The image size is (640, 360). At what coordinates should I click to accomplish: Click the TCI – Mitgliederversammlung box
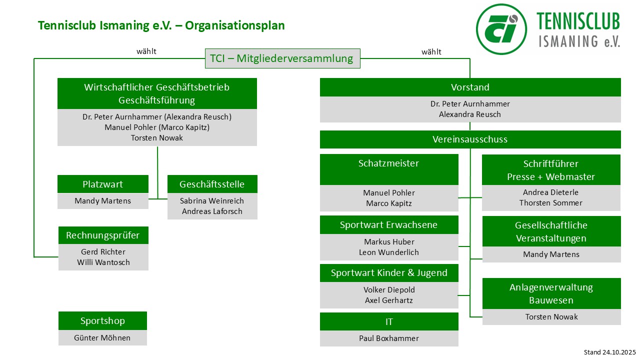coord(282,58)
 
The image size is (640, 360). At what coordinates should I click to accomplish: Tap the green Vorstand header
coord(470,87)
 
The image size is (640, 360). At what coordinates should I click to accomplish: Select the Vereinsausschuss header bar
coord(470,139)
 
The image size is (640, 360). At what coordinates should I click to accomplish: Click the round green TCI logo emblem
coord(501,28)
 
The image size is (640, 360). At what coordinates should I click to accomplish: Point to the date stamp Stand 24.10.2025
coord(609,352)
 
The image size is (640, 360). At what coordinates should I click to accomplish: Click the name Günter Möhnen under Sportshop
coord(102,338)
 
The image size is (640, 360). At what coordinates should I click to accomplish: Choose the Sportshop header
coord(102,321)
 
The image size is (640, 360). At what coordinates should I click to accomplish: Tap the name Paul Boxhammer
coord(389,338)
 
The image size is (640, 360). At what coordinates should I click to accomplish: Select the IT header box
coord(389,321)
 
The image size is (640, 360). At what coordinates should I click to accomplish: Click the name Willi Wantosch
coord(103,262)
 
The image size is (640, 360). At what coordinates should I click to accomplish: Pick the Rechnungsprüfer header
coord(103,235)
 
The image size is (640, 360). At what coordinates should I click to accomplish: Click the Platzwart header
coord(102,184)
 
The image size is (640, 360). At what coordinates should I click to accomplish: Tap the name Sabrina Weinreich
coord(212,201)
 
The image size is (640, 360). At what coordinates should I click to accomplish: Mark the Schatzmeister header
coord(388,164)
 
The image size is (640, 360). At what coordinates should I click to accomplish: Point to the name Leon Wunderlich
coord(389,252)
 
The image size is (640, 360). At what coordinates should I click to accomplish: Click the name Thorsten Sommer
coord(551,203)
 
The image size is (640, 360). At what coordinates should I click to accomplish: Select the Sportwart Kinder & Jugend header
coord(389,273)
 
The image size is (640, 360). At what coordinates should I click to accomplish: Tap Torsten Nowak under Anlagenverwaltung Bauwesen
coord(551,317)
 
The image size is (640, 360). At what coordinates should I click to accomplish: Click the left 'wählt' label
coord(146,51)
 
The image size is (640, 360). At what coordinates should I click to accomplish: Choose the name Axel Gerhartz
coord(389,300)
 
